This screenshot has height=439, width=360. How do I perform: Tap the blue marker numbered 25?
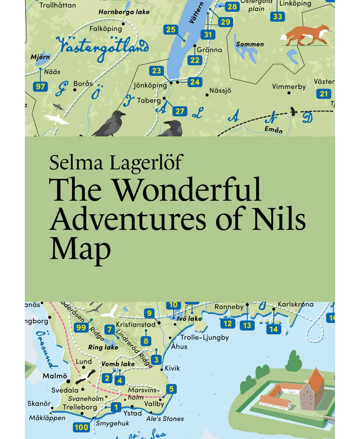coord(171,30)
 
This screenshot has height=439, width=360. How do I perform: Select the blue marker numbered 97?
coord(40,86)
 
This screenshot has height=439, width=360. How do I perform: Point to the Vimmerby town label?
coord(289,86)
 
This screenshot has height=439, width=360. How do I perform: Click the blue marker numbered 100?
coord(81,427)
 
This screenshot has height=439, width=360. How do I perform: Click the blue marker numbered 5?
coord(171,388)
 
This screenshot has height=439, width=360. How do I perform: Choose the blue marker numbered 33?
coord(278,17)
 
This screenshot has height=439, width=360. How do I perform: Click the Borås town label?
coord(83,83)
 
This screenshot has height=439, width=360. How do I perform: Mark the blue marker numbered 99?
coord(81,327)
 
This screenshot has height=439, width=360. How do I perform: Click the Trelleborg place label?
coord(80,407)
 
